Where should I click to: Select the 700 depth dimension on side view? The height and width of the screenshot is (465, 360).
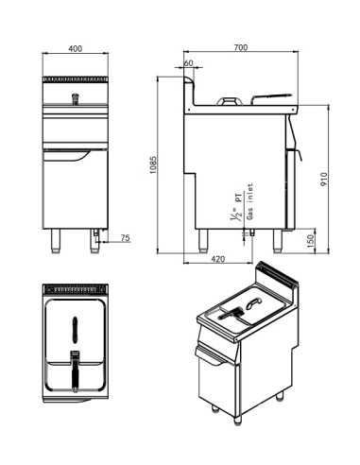(x=241, y=47)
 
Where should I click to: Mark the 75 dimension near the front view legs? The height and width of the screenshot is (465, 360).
(x=125, y=238)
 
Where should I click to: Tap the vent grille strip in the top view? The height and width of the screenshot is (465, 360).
(x=76, y=287)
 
